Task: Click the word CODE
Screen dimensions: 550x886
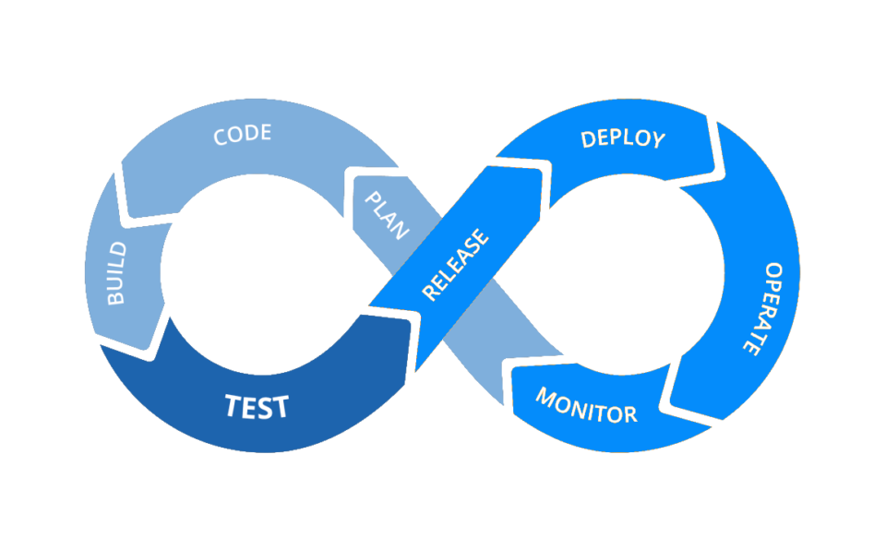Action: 243,135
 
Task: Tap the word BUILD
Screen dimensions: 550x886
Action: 118,274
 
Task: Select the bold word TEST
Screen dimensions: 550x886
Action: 257,406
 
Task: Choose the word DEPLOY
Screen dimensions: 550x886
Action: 623,139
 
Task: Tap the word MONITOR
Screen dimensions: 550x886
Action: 586,407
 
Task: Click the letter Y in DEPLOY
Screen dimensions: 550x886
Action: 656,141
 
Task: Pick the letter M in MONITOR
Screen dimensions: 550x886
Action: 547,399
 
